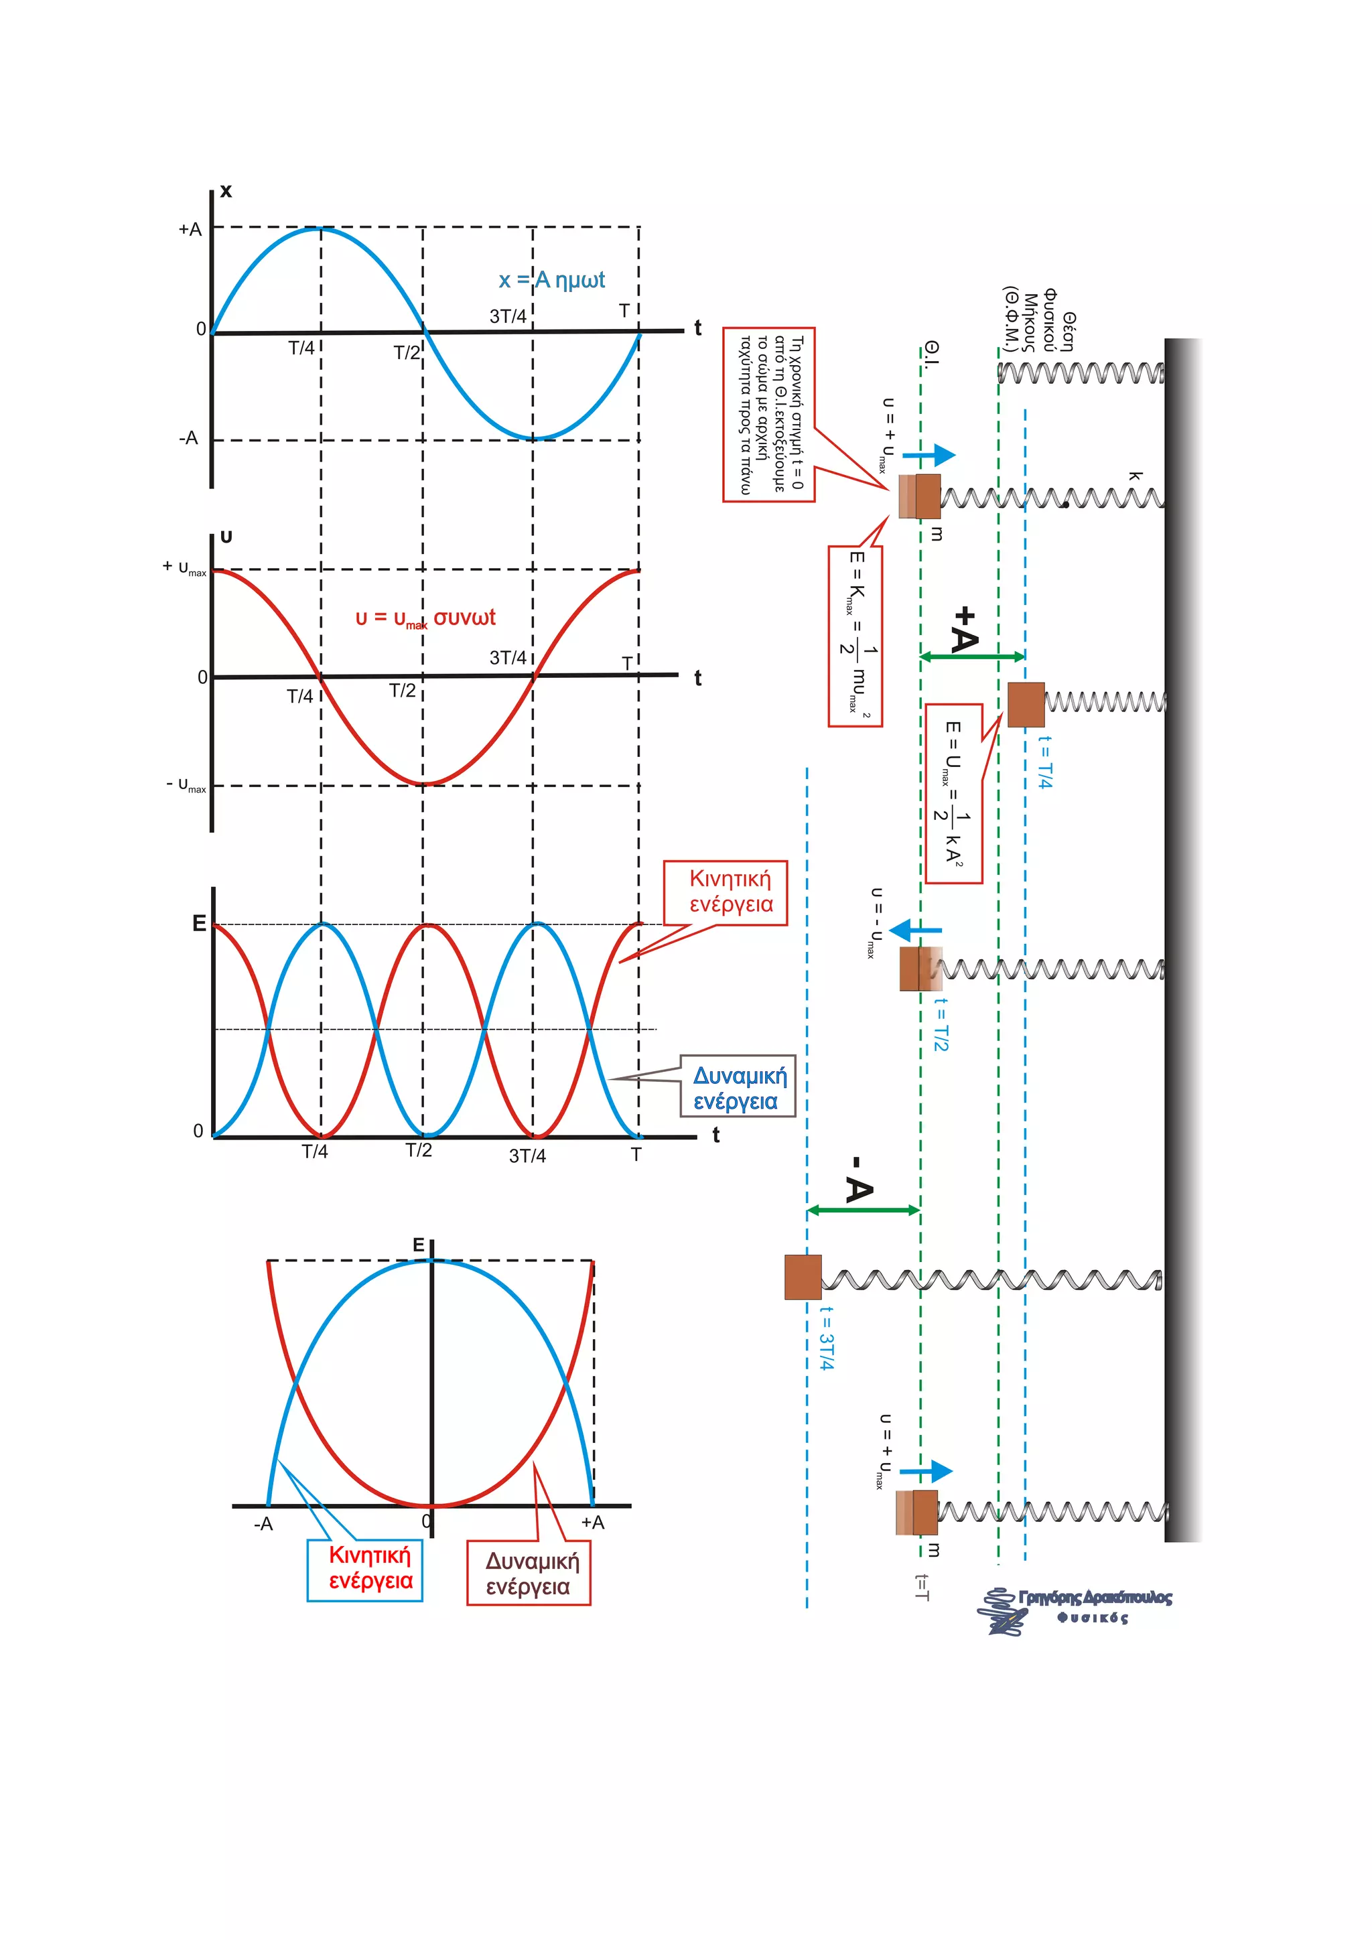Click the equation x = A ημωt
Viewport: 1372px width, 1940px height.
pyautogui.click(x=551, y=279)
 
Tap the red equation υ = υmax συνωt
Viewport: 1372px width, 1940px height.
pyautogui.click(x=425, y=618)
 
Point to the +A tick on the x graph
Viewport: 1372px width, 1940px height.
pyautogui.click(x=191, y=229)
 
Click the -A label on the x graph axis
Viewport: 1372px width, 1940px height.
pyautogui.click(x=188, y=437)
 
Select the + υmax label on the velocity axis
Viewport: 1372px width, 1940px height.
pyautogui.click(x=184, y=567)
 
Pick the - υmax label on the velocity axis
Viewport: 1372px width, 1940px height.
pyautogui.click(x=186, y=786)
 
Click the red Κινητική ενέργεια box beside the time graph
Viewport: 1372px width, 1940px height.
pyautogui.click(x=726, y=892)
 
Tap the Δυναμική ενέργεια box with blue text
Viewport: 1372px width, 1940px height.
pyautogui.click(x=738, y=1087)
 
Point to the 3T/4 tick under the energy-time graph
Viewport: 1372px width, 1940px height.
pyautogui.click(x=527, y=1156)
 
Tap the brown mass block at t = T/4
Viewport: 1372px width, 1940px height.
pyautogui.click(x=1026, y=705)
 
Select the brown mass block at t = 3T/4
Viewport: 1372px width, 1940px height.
pyautogui.click(x=803, y=1277)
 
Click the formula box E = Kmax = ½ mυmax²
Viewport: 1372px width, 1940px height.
pyautogui.click(x=855, y=636)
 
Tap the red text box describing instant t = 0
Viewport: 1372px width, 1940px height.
pyautogui.click(x=768, y=415)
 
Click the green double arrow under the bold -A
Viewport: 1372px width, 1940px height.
pyautogui.click(x=863, y=1210)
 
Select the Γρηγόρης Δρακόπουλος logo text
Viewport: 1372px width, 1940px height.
pyautogui.click(x=1094, y=1598)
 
